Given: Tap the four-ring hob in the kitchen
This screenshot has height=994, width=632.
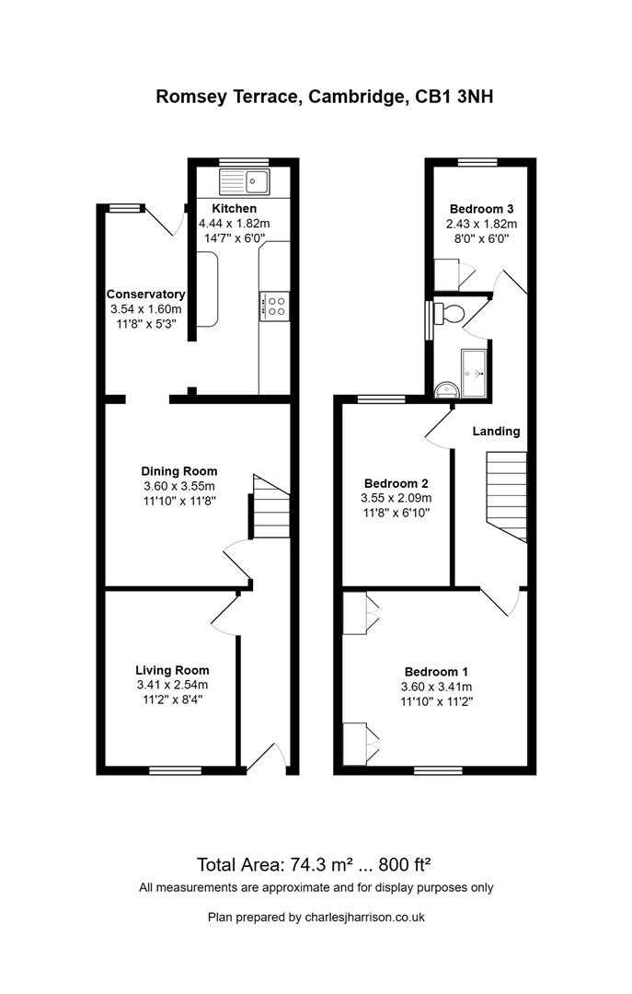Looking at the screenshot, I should click(x=275, y=306).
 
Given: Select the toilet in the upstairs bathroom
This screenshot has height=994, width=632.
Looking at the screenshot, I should click(x=449, y=313).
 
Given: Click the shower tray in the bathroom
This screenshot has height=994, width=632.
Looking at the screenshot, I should click(x=474, y=372).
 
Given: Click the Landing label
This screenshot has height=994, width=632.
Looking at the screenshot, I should click(x=497, y=431).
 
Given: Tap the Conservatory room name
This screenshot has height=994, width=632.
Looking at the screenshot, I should click(x=145, y=295).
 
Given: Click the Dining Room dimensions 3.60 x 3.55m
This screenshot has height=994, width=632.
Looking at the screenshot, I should click(x=179, y=487).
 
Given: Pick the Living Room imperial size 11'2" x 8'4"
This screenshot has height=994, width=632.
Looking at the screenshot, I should click(x=172, y=699).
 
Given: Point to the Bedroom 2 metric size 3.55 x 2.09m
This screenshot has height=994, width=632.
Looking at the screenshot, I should click(x=396, y=498).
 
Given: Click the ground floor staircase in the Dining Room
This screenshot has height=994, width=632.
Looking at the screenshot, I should click(x=271, y=506).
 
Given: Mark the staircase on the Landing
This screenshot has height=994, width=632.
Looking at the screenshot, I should click(x=505, y=492).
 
